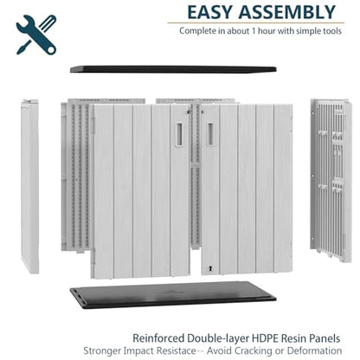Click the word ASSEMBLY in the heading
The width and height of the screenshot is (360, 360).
[287, 12]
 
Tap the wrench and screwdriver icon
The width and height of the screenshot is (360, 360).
[36, 35]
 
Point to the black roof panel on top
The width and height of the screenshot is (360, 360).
[173, 69]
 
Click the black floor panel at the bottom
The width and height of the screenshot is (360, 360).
[173, 295]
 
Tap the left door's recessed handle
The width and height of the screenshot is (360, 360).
[179, 135]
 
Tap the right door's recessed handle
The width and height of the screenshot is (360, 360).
[210, 134]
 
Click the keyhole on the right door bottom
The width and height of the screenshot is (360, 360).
[210, 268]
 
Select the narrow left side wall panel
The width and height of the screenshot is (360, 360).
[30, 186]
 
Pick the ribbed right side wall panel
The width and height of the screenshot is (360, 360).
[331, 180]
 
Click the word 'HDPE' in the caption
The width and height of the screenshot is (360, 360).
[265, 338]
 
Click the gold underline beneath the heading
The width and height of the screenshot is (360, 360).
[256, 22]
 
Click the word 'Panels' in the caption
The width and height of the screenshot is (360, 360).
[325, 338]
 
